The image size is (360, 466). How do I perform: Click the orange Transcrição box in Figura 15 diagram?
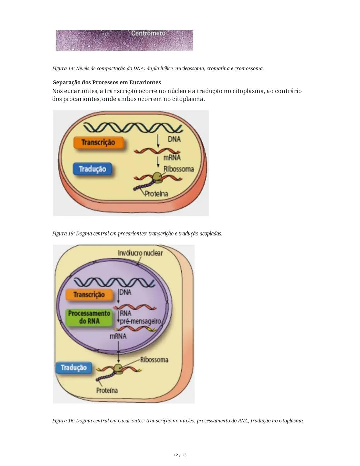[x=98, y=142]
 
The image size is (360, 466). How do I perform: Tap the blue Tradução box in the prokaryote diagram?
[x=92, y=169]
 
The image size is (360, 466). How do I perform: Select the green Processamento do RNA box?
[x=89, y=317]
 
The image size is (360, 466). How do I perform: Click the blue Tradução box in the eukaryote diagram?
[x=74, y=368]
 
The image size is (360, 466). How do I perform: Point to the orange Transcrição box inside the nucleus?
[x=89, y=295]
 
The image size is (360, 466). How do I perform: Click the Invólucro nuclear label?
[x=140, y=253]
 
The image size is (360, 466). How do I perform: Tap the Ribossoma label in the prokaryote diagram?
[x=178, y=169]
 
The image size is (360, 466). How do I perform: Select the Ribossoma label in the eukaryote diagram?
[x=154, y=360]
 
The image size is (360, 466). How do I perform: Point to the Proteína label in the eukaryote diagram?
[x=107, y=390]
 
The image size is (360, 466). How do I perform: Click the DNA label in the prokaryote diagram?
[x=174, y=139]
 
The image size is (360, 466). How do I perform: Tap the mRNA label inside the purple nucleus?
[x=118, y=336]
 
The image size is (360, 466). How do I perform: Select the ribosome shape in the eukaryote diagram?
[x=119, y=368]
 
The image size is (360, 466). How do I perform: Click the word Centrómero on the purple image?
[x=148, y=33]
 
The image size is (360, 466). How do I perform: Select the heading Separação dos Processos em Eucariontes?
[x=107, y=82]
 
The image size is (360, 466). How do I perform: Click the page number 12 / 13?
[x=180, y=455]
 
